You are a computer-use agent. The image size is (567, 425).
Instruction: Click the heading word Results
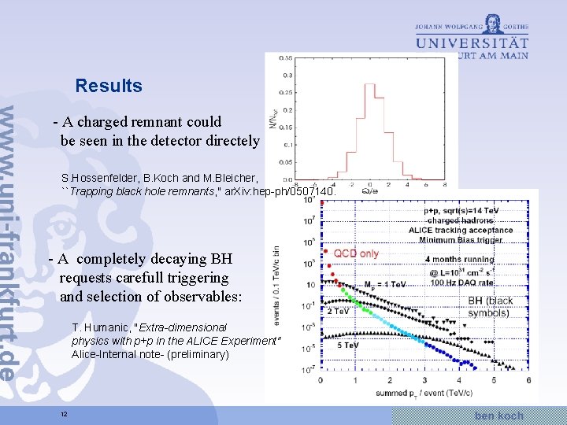point(109,86)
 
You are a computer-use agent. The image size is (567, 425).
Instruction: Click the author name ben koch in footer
point(499,415)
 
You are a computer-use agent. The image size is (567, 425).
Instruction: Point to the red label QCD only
point(357,253)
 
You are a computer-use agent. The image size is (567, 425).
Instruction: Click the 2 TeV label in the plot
point(338,311)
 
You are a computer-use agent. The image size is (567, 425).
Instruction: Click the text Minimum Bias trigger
point(465,240)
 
